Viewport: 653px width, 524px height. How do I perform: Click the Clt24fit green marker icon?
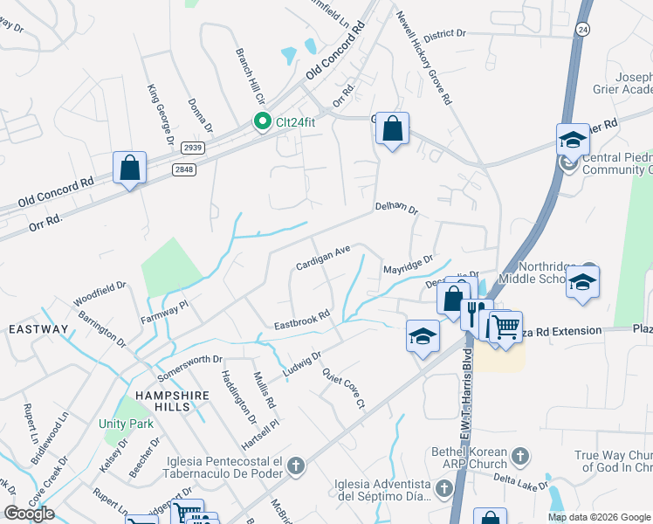point(261,121)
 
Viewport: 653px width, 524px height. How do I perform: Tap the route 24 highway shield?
point(581,28)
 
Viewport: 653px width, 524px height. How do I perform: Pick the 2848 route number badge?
point(184,169)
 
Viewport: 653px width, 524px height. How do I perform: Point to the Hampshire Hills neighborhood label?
point(169,395)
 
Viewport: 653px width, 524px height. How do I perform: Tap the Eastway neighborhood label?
point(38,329)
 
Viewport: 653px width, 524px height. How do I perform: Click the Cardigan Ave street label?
point(322,257)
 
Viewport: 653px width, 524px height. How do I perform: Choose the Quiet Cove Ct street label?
point(342,387)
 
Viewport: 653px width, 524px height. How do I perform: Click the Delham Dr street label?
point(396,210)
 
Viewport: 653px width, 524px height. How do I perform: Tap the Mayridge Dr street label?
point(408,264)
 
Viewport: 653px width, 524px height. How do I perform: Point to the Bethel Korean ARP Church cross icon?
point(520,455)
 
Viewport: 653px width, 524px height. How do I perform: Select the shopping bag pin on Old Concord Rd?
point(129,169)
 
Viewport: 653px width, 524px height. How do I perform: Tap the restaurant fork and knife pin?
point(475,313)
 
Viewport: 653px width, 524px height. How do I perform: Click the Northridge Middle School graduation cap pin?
point(582,282)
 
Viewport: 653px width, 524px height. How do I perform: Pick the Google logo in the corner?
point(29,514)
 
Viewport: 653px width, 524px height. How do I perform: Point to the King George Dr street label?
point(162,114)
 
